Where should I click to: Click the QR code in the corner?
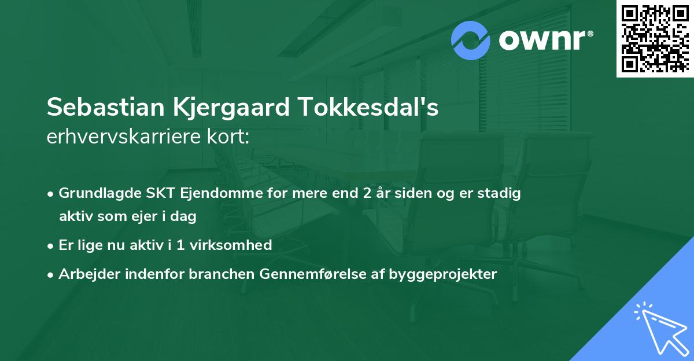655,39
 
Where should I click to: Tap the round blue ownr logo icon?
471,40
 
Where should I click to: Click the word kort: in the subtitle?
231,137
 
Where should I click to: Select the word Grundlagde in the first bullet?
95,193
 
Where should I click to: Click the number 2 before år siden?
367,193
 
